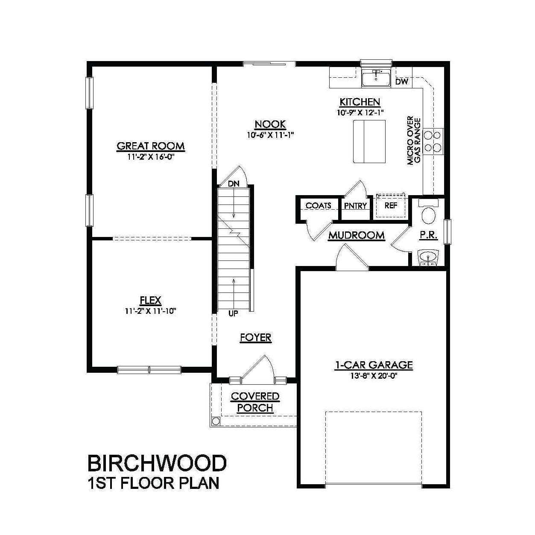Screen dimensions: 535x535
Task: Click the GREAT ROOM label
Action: pos(151,146)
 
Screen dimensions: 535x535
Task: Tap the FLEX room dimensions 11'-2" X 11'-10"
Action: pos(151,311)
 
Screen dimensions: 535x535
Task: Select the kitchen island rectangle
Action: pos(369,141)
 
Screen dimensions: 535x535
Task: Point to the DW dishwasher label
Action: pos(401,82)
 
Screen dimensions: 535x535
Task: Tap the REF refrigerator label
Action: pos(391,205)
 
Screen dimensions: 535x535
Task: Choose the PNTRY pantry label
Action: pos(355,206)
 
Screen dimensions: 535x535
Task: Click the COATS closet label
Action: pos(318,205)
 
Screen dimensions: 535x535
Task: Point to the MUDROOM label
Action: pos(356,235)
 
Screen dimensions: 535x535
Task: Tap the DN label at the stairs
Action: pos(233,184)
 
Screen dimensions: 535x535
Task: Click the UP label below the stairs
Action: pos(233,314)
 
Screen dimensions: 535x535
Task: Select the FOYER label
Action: pos(255,338)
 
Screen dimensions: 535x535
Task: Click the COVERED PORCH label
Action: pos(255,402)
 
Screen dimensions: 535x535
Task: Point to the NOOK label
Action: pos(270,124)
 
